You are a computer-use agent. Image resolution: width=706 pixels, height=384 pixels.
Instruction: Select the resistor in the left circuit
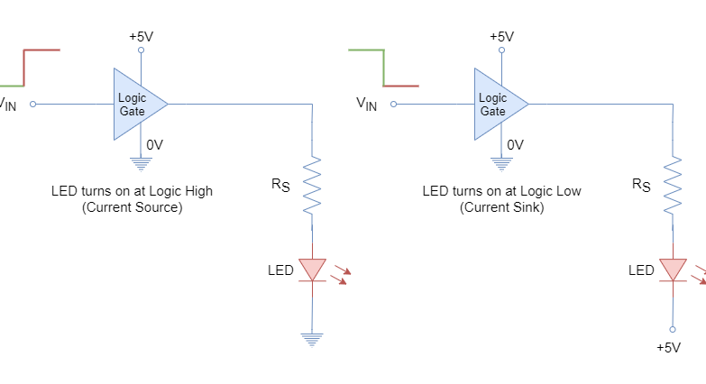pos(312,186)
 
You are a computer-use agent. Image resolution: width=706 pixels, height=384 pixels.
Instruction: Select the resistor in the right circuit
pos(673,186)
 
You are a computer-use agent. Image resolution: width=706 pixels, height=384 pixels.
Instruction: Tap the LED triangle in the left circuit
pos(312,269)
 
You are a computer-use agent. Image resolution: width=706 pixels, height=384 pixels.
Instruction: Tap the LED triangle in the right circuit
pos(673,269)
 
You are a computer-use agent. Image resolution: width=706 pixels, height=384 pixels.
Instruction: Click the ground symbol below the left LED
pos(312,340)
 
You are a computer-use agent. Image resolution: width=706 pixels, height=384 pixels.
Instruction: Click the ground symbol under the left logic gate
pos(140,164)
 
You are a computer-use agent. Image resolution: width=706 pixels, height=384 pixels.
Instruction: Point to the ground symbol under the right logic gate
pos(501,164)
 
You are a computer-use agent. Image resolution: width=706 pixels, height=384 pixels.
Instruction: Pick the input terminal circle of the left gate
pos(32,104)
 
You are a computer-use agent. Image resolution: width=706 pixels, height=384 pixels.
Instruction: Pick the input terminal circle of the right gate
pos(393,104)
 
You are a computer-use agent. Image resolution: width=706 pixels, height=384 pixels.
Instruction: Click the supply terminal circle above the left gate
pos(140,50)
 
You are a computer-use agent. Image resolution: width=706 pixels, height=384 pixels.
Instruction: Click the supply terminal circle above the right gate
pos(501,50)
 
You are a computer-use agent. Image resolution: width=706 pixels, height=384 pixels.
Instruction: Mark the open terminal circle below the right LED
pos(673,330)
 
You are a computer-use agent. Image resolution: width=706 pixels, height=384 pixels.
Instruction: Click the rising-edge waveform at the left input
pos(24,68)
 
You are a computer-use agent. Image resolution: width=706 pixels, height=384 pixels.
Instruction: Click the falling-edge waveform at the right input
pos(383,68)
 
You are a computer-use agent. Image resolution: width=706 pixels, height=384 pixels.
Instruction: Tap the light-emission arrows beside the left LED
pos(340,273)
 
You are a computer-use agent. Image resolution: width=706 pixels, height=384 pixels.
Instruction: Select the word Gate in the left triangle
pos(132,112)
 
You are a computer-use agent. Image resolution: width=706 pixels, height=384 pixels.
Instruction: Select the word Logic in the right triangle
pos(492,97)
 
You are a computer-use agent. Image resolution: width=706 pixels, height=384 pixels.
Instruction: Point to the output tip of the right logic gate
pos(527,104)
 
